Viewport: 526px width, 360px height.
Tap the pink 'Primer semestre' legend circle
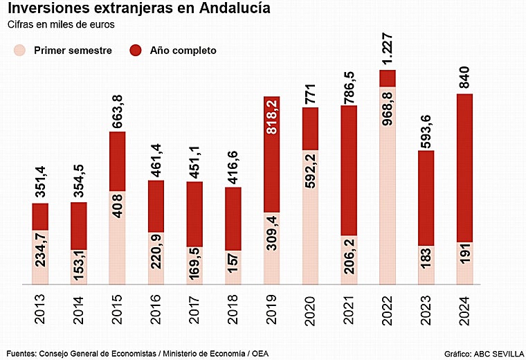pyautogui.click(x=19, y=50)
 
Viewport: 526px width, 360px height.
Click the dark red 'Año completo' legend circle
pyautogui.click(x=136, y=50)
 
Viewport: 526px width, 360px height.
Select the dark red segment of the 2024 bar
pyautogui.click(x=465, y=166)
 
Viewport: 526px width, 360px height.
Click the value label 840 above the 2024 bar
pyautogui.click(x=465, y=78)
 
